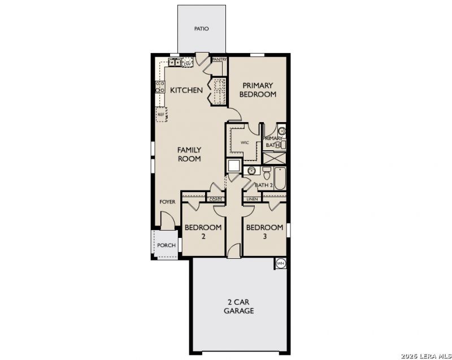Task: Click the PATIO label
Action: click(201, 29)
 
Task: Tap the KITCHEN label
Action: click(186, 90)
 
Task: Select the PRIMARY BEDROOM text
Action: click(258, 90)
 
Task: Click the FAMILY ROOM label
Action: click(189, 154)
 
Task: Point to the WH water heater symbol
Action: click(280, 263)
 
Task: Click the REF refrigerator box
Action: click(162, 114)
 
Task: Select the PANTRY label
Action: click(219, 59)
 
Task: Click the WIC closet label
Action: click(245, 142)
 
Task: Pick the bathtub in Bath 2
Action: click(280, 178)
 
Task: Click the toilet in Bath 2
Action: click(267, 172)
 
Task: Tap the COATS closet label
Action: click(216, 199)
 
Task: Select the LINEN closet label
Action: click(252, 199)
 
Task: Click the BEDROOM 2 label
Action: click(203, 232)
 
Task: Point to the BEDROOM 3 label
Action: click(264, 232)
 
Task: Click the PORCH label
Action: click(166, 245)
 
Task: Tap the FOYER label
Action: click(167, 202)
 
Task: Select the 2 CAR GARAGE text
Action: click(238, 306)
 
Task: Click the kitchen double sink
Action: click(175, 62)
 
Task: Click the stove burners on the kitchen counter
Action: click(160, 87)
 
